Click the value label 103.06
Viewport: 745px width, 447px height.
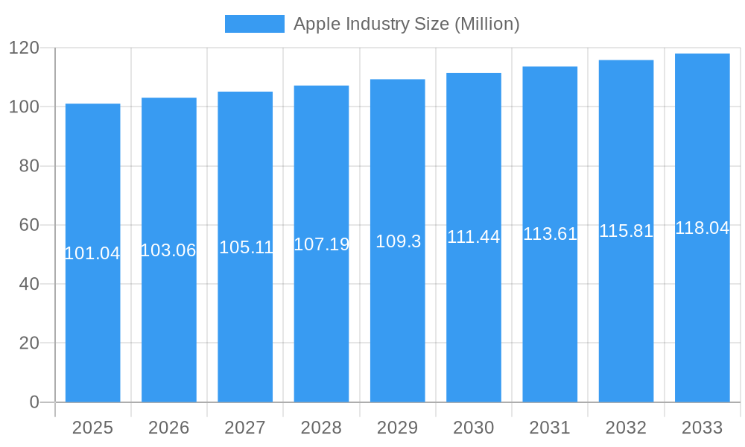click(168, 250)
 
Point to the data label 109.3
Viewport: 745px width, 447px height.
click(398, 241)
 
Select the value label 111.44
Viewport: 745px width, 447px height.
click(474, 237)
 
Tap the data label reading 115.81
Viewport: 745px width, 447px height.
click(626, 231)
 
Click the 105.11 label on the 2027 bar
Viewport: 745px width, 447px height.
click(246, 247)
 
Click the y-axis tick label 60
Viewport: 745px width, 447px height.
click(29, 225)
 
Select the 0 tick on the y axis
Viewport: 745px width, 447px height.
click(34, 402)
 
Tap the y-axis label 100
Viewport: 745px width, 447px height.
click(24, 107)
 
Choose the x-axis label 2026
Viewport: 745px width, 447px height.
click(168, 428)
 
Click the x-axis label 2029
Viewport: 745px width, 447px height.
click(397, 428)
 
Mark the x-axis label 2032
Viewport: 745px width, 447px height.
click(626, 428)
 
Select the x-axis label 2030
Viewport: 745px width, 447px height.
click(474, 428)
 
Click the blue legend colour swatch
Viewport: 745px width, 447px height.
click(254, 24)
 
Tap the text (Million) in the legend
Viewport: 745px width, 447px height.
click(486, 24)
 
